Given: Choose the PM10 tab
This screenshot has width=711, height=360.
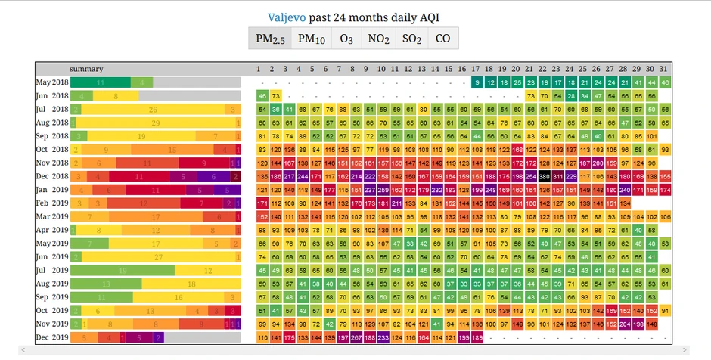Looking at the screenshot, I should tap(311, 39).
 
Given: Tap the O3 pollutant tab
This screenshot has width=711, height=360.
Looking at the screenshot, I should tap(346, 39).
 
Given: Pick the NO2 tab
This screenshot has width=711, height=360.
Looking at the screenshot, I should tap(378, 39).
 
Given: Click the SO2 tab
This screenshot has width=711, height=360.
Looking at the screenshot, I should tap(411, 39).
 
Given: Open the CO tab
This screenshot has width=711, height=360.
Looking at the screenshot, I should tap(443, 39).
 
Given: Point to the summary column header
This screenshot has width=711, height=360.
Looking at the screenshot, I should tap(86, 69).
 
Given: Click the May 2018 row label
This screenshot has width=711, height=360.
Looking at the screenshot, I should tap(52, 82).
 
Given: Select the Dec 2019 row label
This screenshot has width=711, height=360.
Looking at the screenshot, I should tap(52, 337).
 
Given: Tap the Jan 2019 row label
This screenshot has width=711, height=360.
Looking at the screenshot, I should tap(52, 189).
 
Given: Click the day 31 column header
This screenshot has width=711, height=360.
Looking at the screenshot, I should tap(664, 69).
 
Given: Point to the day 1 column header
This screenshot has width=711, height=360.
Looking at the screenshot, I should tap(258, 69).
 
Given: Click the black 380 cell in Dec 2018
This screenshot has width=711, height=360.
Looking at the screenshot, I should tap(544, 176).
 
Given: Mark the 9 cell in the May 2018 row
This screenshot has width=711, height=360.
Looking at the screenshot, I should tap(477, 82).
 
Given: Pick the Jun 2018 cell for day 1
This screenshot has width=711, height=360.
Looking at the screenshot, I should tap(262, 96).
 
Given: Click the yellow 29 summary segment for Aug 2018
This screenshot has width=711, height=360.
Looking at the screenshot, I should tap(156, 123).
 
